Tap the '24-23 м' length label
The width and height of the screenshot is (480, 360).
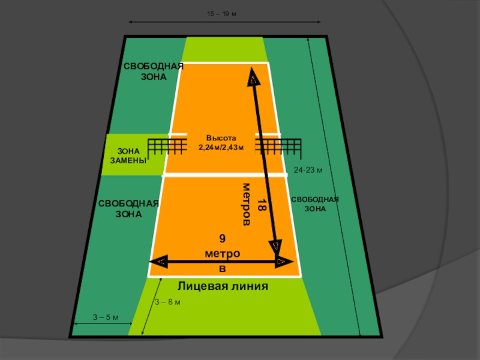tap(308, 170)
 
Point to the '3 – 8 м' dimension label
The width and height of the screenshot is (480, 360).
tap(167, 301)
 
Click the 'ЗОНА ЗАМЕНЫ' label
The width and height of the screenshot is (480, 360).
tap(127, 156)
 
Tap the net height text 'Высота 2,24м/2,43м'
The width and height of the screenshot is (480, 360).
tap(221, 142)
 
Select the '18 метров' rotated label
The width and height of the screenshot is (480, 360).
tap(253, 203)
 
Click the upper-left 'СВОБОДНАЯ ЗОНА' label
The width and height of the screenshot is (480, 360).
tap(153, 71)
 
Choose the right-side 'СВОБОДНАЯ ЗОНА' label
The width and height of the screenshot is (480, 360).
tap(315, 204)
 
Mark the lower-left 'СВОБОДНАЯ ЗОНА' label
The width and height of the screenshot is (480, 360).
tap(129, 208)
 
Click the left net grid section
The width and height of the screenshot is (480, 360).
tap(167, 146)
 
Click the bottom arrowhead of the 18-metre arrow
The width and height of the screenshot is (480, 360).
tap(275, 247)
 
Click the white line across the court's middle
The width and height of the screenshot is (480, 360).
tap(224, 175)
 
